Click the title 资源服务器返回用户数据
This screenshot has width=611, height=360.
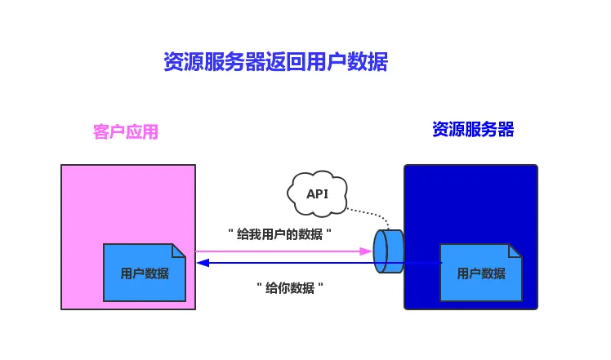(275, 62)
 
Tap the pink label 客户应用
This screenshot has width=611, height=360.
(125, 132)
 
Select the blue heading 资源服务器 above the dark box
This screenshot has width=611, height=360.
(473, 129)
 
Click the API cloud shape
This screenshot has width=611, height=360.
(318, 193)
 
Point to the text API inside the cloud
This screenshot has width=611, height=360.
(317, 194)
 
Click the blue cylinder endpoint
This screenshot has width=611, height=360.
(389, 251)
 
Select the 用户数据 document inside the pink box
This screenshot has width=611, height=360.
(144, 273)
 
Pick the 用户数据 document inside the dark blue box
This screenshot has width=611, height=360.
(480, 273)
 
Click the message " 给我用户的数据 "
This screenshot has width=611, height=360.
(279, 234)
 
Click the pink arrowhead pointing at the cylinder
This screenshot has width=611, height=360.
(367, 251)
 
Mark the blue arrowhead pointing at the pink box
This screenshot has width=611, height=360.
(203, 263)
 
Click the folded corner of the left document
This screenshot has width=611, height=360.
(180, 250)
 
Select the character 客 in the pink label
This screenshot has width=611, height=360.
(100, 132)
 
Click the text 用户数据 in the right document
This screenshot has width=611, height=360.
(481, 274)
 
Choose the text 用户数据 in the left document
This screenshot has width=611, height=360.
(145, 274)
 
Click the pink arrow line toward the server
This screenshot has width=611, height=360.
(278, 251)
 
